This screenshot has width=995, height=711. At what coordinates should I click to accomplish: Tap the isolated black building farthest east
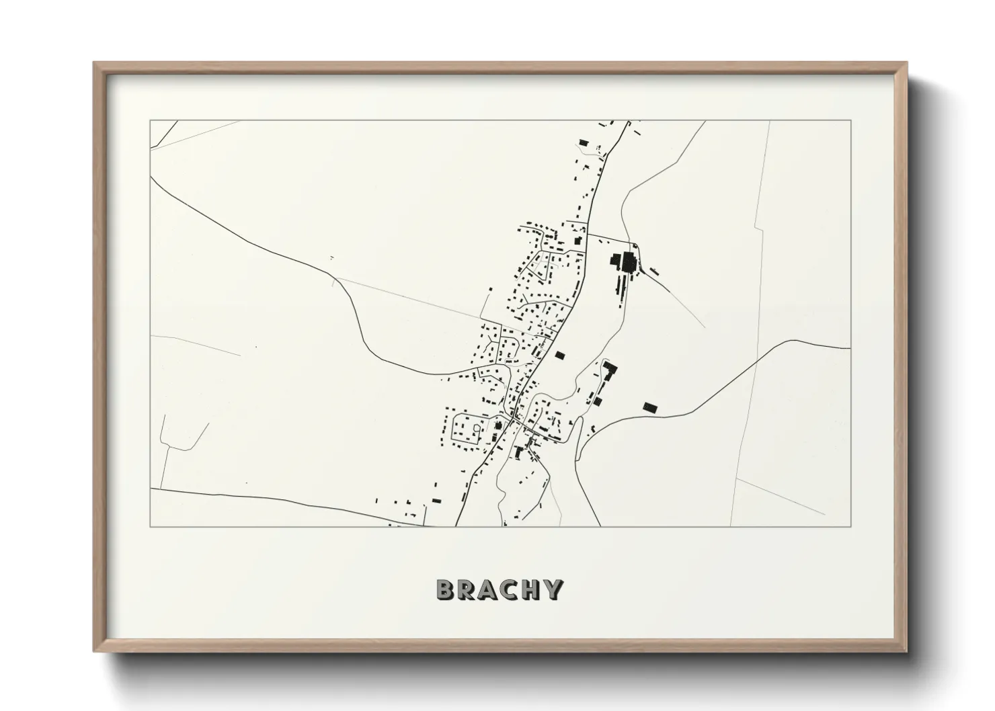pos(649,407)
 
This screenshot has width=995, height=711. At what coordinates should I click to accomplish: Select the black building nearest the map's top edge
pos(583,142)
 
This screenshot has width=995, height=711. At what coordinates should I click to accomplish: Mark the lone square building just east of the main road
pos(559,355)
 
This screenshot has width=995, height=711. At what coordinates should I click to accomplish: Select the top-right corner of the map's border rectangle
pos(851,120)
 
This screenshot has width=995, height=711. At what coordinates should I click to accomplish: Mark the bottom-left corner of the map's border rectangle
pos(150,526)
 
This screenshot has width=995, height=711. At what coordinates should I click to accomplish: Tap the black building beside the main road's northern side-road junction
pos(577,240)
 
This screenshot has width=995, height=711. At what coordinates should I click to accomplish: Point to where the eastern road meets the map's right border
pos(851,348)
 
